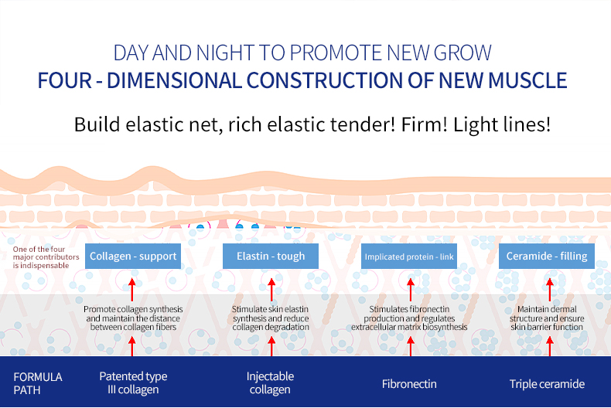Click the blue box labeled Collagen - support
click(133, 257)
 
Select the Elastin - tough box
click(269, 257)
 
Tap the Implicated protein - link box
click(409, 257)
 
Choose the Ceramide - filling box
click(546, 257)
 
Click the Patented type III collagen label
click(133, 382)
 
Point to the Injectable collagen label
click(270, 382)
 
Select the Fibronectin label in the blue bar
click(409, 383)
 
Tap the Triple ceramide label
click(547, 383)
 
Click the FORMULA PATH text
click(38, 383)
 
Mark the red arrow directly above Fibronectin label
click(410, 345)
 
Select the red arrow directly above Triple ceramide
click(550, 345)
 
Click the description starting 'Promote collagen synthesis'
click(133, 318)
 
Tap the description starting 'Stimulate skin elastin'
click(271, 318)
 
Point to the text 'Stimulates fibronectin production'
click(409, 318)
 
